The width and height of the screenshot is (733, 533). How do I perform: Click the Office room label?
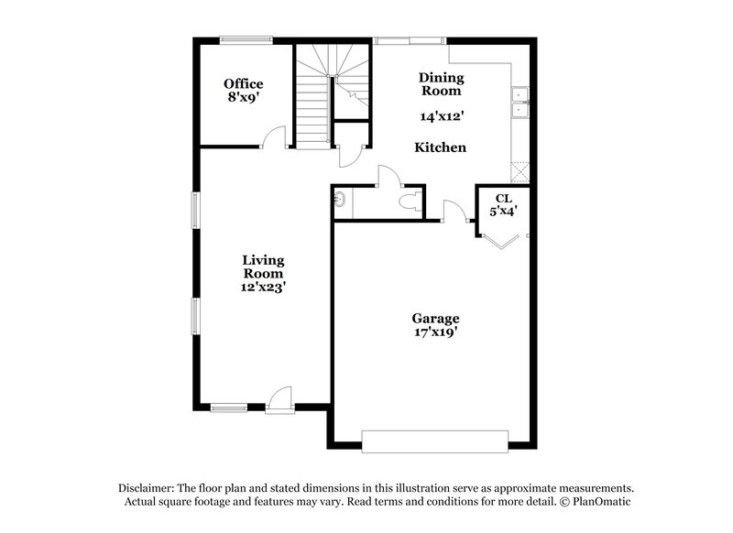click(243, 84)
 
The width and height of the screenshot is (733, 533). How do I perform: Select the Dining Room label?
click(441, 84)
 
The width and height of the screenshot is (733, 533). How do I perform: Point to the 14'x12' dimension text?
click(441, 116)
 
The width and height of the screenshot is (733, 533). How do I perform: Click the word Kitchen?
click(441, 147)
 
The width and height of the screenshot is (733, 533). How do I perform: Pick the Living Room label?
click(263, 266)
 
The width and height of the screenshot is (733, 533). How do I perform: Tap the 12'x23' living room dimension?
click(263, 287)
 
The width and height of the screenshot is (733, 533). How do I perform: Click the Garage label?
click(435, 318)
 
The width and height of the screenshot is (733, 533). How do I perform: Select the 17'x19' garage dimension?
click(435, 332)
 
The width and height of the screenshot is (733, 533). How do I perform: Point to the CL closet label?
click(503, 198)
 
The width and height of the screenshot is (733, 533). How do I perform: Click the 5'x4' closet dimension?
click(503, 212)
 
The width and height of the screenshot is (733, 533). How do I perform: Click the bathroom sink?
click(340, 200)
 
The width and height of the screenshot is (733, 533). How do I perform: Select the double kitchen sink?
click(519, 102)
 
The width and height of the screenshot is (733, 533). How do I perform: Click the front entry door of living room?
click(280, 399)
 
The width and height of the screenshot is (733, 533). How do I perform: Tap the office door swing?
click(271, 137)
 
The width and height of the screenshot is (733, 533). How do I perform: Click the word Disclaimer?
click(149, 488)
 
